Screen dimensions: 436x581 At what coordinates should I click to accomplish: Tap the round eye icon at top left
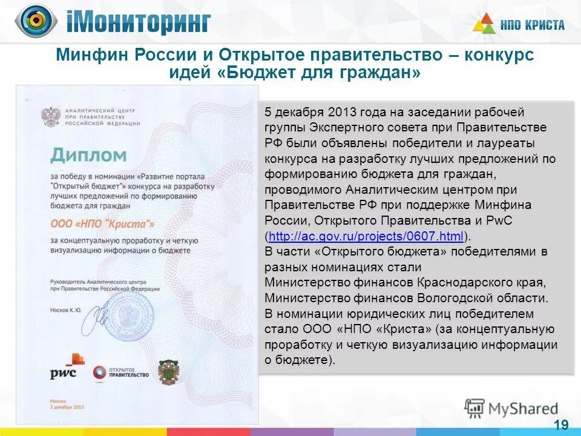click(x=36, y=21)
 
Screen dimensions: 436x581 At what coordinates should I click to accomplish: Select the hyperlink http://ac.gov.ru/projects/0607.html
click(x=366, y=236)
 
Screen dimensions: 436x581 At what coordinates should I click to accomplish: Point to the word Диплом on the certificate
click(x=88, y=155)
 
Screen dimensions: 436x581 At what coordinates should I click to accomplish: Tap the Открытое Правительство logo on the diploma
click(x=120, y=372)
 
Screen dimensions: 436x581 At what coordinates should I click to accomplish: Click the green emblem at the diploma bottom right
click(x=169, y=372)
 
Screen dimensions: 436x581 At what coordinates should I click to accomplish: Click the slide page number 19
click(x=561, y=424)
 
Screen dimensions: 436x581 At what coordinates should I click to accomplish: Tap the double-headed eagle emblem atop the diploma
click(x=50, y=115)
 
